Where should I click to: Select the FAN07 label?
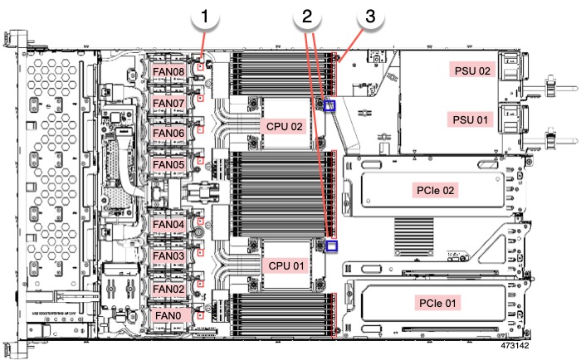pyautogui.click(x=174, y=103)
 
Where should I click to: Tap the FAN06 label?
pyautogui.click(x=174, y=134)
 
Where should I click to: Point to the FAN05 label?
pyautogui.click(x=174, y=164)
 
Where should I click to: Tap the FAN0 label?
pyautogui.click(x=172, y=316)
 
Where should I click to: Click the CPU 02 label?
pyautogui.click(x=285, y=127)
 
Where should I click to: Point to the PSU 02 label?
pyautogui.click(x=471, y=71)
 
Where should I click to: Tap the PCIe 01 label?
pyautogui.click(x=437, y=303)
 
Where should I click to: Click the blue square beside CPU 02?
pyautogui.click(x=330, y=105)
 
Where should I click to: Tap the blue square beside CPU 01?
pyautogui.click(x=332, y=246)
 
